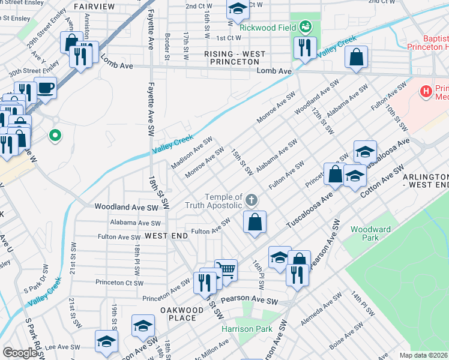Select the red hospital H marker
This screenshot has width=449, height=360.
pos(426,92)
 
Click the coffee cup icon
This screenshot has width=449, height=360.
pos(46,88)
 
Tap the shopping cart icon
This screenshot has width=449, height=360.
pos(226,269)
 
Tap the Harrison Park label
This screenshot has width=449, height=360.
pos(247,329)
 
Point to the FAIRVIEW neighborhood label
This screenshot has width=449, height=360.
pos(94,7)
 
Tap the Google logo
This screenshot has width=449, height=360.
pos(19,353)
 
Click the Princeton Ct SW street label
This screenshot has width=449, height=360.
pos(119,282)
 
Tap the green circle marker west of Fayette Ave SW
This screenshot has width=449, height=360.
pos(55,136)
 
